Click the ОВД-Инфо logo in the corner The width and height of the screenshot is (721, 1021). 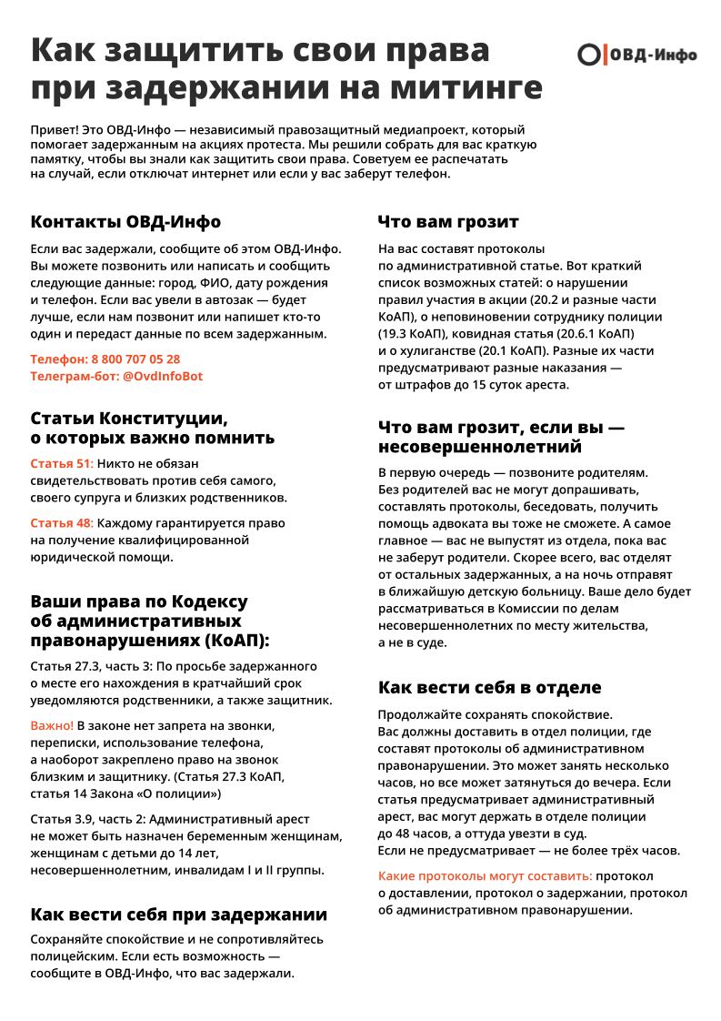click(x=636, y=55)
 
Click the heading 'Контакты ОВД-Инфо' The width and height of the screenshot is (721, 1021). click(x=125, y=222)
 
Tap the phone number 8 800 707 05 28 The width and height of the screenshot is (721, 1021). click(x=135, y=359)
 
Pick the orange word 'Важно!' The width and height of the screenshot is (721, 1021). click(x=52, y=725)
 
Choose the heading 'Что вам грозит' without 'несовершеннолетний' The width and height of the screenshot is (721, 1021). click(x=448, y=222)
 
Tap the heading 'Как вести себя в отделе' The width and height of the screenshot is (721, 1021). click(x=489, y=687)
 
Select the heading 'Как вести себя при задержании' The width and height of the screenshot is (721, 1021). click(x=178, y=915)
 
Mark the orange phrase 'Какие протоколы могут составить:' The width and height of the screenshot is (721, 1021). click(x=485, y=875)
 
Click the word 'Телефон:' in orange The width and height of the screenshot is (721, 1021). click(x=59, y=359)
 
